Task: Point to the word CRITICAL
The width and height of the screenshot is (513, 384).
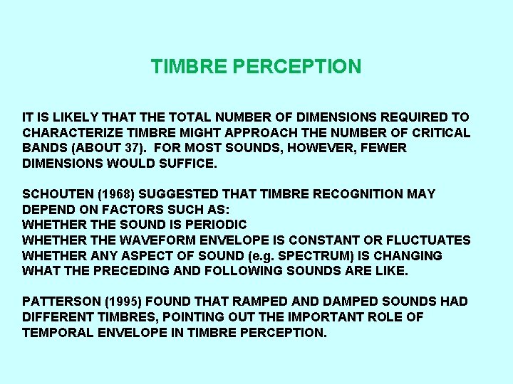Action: click(441, 132)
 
